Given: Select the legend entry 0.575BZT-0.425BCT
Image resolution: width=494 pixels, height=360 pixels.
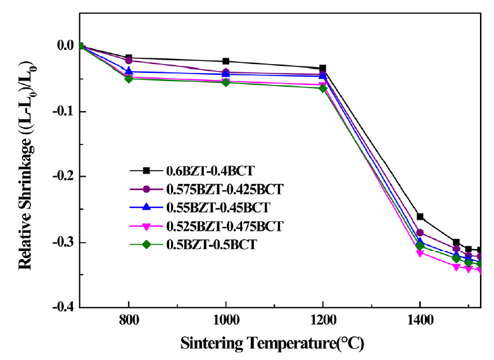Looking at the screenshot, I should coord(215,189).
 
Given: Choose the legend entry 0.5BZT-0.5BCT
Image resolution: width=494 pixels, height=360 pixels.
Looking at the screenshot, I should coord(201,245).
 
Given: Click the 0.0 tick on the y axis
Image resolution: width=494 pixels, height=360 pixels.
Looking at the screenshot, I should coord(65,46).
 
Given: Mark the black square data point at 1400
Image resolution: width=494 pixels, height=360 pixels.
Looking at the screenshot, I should coord(419,217).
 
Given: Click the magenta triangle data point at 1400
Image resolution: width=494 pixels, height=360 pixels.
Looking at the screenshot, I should coord(419,254).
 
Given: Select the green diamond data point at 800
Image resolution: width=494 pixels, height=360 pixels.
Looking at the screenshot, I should coord(129,79).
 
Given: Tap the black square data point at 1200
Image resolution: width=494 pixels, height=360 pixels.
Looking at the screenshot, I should coord(322,68).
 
